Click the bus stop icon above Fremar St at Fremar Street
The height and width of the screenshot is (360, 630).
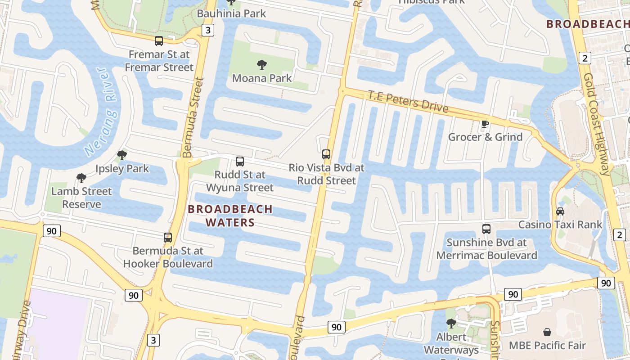pyautogui.click(x=159, y=41)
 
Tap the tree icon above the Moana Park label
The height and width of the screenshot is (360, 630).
pyautogui.click(x=261, y=65)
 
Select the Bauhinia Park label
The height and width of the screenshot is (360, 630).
pyautogui.click(x=231, y=13)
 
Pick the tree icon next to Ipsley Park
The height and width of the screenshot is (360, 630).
pyautogui.click(x=121, y=156)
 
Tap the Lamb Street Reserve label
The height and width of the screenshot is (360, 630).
pyautogui.click(x=81, y=198)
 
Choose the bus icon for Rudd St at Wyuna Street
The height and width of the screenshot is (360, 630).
pyautogui.click(x=240, y=161)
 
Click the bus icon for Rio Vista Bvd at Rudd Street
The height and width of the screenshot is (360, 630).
pyautogui.click(x=326, y=154)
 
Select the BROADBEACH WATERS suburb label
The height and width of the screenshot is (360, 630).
pyautogui.click(x=230, y=216)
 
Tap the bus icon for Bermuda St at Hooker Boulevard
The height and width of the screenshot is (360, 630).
pyautogui.click(x=168, y=237)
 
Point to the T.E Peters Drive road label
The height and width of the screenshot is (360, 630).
pyautogui.click(x=408, y=101)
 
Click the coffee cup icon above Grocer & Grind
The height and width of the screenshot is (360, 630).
pyautogui.click(x=485, y=124)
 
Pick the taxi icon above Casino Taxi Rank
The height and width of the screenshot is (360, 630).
pyautogui.click(x=560, y=211)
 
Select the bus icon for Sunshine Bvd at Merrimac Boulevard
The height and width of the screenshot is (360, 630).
pyautogui.click(x=486, y=229)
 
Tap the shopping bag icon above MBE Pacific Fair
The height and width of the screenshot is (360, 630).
pyautogui.click(x=547, y=332)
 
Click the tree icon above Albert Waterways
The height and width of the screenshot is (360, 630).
pyautogui.click(x=451, y=323)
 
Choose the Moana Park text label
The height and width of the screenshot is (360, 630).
pyautogui.click(x=262, y=78)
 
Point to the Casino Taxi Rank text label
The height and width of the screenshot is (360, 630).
pyautogui.click(x=560, y=225)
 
